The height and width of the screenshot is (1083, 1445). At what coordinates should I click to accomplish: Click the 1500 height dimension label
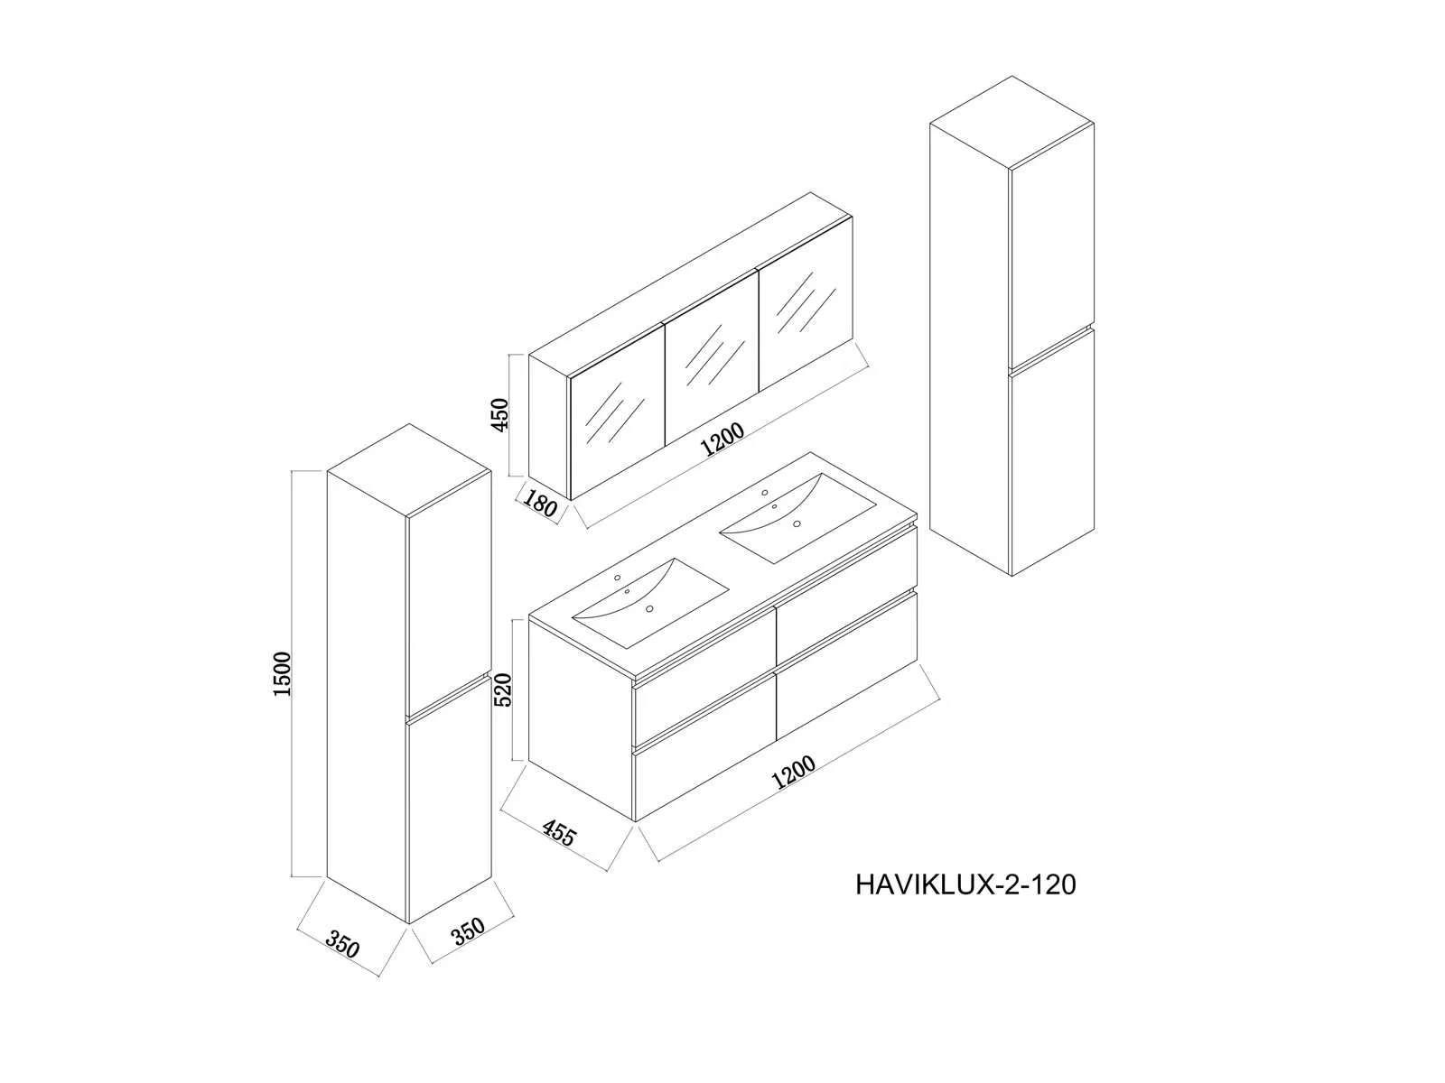(282, 673)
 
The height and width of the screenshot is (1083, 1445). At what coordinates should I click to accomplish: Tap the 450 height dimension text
(500, 414)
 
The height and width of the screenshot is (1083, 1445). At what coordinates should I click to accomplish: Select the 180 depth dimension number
(540, 504)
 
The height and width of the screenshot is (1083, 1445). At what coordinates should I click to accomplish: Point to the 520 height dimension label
(503, 690)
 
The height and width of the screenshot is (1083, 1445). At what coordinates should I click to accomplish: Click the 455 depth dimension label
(560, 833)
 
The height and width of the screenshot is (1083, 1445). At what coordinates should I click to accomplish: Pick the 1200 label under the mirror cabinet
(722, 439)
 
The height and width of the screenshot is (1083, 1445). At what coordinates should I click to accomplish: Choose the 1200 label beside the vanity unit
(793, 772)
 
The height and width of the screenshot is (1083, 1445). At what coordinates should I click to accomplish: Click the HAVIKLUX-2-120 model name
(965, 884)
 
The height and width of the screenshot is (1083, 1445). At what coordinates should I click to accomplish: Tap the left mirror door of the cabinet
(617, 411)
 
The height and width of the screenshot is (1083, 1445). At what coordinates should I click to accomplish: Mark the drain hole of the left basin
(649, 609)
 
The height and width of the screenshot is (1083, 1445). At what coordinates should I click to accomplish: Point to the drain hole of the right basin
(797, 523)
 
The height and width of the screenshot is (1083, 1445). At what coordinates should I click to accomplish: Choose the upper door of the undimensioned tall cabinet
(1052, 245)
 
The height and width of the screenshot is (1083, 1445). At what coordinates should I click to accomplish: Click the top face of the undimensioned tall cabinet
(1011, 121)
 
